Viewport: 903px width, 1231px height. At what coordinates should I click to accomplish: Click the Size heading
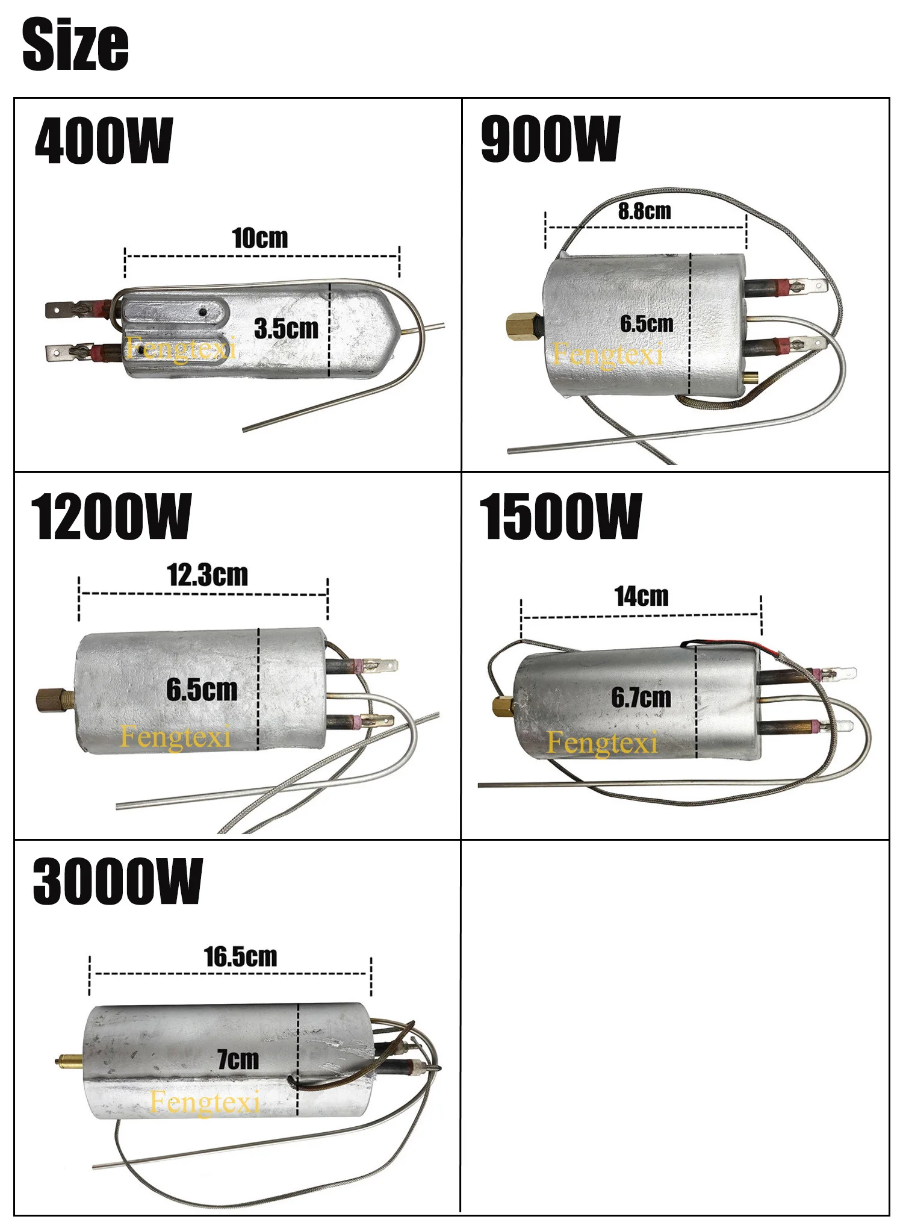click(x=75, y=44)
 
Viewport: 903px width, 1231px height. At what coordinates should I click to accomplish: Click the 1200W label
click(x=111, y=516)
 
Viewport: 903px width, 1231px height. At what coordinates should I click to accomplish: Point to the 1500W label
click(x=560, y=516)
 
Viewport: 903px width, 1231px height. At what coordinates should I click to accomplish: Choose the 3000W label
click(x=117, y=882)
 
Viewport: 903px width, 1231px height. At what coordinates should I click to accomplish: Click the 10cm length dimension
click(x=260, y=238)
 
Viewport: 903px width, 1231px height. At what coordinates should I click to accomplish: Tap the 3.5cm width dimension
click(x=286, y=329)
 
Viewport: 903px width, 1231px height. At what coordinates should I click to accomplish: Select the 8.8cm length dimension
click(x=644, y=211)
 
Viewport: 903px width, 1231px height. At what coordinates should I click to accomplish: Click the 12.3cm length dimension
click(x=207, y=575)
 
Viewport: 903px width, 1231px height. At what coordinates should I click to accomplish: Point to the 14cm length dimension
click(x=641, y=597)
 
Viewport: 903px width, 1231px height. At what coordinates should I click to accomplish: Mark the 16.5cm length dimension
click(x=240, y=957)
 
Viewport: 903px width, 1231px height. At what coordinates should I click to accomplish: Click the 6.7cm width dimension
click(x=641, y=698)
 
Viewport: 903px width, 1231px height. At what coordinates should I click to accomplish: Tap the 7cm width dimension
click(x=238, y=1059)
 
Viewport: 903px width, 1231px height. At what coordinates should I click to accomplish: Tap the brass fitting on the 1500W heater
click(x=503, y=705)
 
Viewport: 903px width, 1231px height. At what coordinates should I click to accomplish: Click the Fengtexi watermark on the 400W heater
click(x=181, y=349)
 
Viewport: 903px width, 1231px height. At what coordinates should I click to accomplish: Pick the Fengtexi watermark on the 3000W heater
click(x=205, y=1103)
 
